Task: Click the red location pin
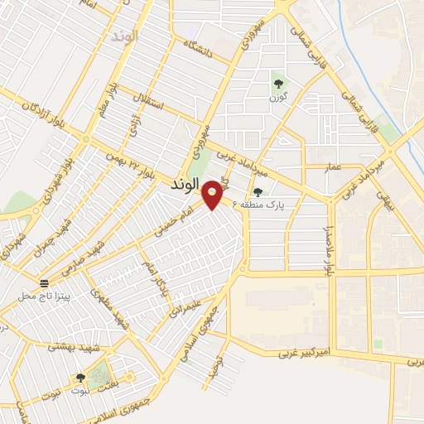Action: pos(213,194)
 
